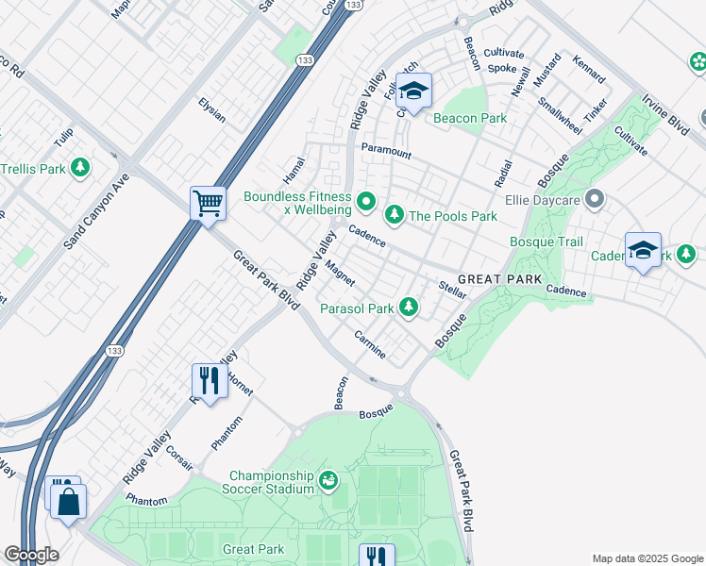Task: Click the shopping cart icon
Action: [208, 201]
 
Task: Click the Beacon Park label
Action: [469, 119]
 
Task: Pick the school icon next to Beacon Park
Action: [413, 91]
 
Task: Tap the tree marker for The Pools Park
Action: [394, 216]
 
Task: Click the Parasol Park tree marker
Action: [408, 308]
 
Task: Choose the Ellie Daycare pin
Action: [594, 199]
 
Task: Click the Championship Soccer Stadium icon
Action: [328, 481]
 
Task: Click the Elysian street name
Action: [211, 110]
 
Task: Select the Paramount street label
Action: [386, 150]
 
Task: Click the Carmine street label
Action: [369, 344]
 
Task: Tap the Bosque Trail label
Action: [546, 242]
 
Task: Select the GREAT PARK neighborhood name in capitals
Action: [500, 279]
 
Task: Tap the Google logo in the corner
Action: [31, 555]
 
